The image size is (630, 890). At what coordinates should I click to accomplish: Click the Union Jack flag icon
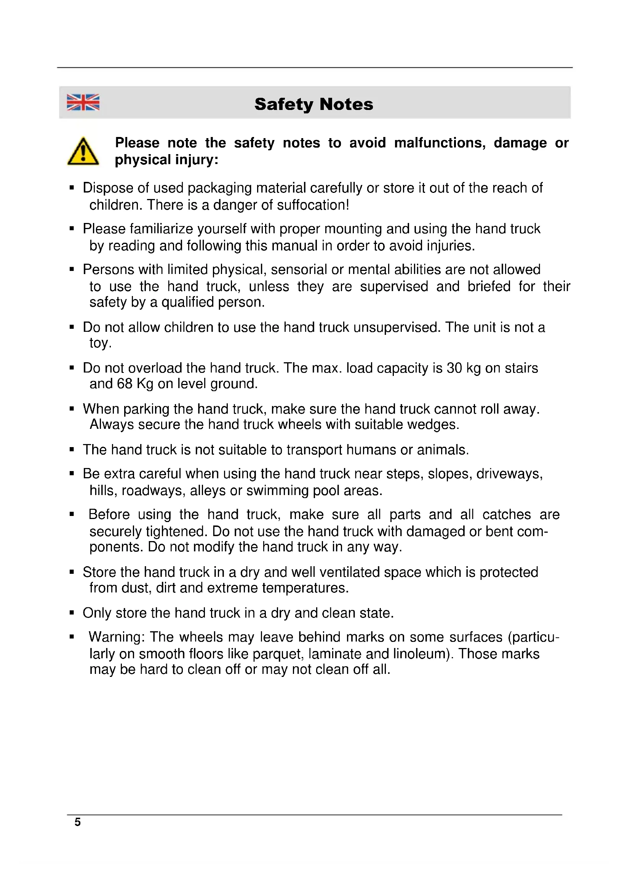coord(83,102)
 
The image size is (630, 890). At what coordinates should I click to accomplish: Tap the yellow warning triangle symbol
coord(83,151)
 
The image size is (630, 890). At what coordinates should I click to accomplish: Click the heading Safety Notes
coord(314,104)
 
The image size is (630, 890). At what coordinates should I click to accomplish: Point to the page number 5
coord(78,822)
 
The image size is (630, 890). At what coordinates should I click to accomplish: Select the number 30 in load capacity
coord(454,368)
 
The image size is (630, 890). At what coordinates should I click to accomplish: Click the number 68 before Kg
coord(125,384)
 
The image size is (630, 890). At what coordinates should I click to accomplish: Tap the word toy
coord(100,343)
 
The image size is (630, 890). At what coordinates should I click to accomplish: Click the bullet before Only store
coord(71,613)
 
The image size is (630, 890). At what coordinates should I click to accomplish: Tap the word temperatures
coord(305,588)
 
